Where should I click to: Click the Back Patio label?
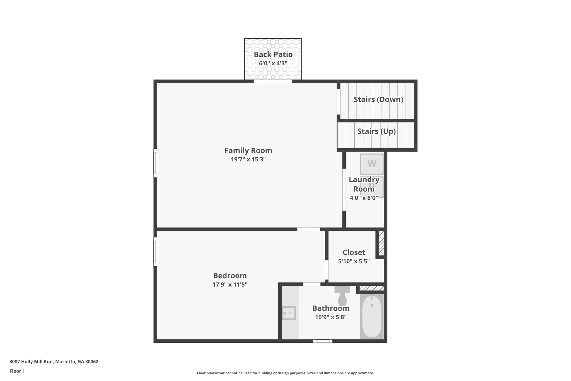(x=273, y=54)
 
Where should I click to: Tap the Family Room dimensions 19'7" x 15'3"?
(x=248, y=159)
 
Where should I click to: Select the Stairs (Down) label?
(x=378, y=99)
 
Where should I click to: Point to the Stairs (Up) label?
(x=376, y=131)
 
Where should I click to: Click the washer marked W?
(x=372, y=164)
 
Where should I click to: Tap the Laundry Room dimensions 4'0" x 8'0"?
(x=364, y=198)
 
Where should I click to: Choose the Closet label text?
(x=354, y=252)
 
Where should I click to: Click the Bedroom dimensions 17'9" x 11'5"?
(x=230, y=285)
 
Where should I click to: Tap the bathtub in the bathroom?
(x=372, y=317)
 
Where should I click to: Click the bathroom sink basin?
(x=289, y=313)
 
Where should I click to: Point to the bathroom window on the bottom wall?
(x=323, y=341)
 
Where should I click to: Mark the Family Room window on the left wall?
(x=155, y=163)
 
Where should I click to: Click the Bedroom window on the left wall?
(x=155, y=252)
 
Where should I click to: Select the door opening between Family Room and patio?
(x=273, y=81)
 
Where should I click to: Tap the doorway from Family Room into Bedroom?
(x=308, y=229)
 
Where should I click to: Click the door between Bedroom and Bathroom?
(x=311, y=284)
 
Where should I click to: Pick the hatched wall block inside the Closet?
(x=381, y=243)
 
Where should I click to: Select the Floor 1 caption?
(x=17, y=371)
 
